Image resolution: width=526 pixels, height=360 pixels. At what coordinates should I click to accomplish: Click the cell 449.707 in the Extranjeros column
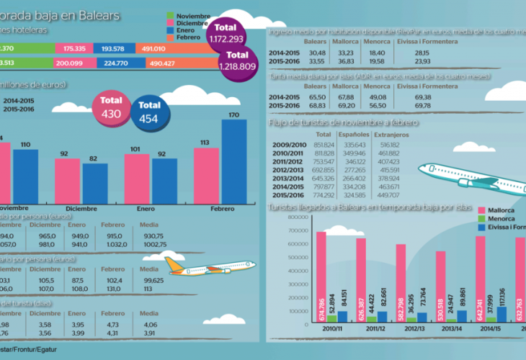pos(388,196)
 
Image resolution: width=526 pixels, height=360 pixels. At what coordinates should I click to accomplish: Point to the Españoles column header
pos(355,134)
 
